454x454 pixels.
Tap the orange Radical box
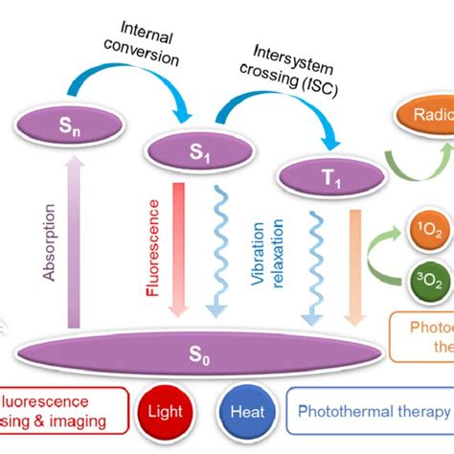click(x=420, y=116)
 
